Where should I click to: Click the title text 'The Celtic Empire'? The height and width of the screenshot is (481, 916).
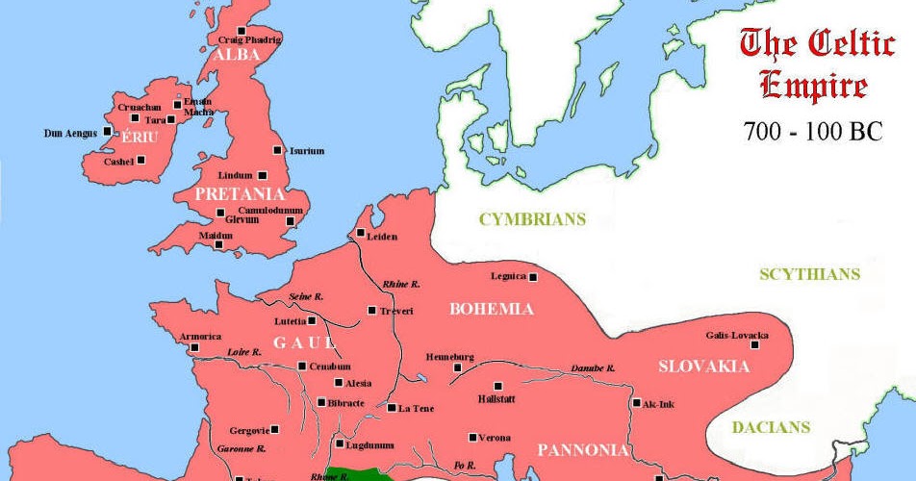[812, 63]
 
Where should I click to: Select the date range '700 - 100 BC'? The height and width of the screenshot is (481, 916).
[812, 132]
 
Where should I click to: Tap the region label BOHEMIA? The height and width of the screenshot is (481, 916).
[491, 310]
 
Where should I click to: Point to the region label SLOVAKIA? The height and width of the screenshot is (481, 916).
[703, 367]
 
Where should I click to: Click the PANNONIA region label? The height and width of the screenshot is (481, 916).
[582, 449]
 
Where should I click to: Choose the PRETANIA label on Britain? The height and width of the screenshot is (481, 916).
[236, 193]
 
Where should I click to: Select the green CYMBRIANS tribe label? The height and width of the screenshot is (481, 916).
[532, 219]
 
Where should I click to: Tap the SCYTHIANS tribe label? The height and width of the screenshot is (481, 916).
[809, 274]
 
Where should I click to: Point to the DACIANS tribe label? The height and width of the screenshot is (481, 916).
[771, 428]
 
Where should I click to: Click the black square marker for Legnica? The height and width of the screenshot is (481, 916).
[532, 277]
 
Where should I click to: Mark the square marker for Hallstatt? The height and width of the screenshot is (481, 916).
[498, 386]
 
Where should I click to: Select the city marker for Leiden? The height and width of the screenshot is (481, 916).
[361, 233]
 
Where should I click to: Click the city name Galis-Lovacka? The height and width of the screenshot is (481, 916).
[736, 335]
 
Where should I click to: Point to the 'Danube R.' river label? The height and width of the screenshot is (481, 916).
[591, 367]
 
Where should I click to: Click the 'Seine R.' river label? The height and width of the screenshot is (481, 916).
[308, 295]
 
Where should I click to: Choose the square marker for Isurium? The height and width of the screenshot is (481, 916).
[278, 150]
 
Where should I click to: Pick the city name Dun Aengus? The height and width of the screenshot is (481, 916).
[71, 133]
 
